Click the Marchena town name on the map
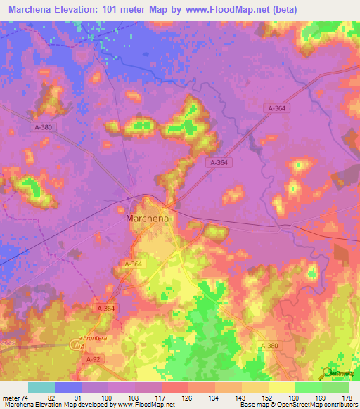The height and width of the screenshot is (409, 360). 148,219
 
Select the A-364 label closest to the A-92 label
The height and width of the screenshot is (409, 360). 104,309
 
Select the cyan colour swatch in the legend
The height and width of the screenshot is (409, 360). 41,387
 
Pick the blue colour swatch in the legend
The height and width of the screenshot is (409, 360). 67,387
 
